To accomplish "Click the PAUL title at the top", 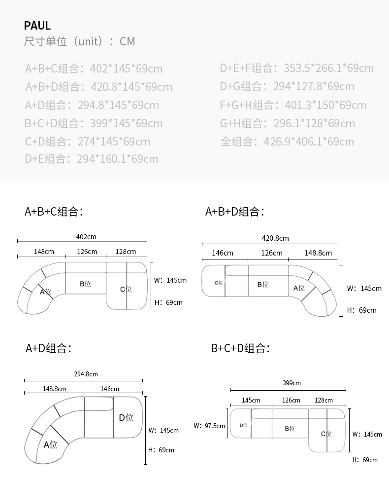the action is point(37,26).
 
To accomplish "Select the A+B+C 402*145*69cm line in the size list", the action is point(94,69).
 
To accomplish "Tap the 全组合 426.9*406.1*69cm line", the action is point(287,142).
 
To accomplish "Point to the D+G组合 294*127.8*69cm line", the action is point(287,86).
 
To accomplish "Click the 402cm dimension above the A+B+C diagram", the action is point(86,237).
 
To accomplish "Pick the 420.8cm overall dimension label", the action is point(275,238).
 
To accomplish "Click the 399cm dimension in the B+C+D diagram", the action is point(292,383).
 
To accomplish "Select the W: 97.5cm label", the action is point(209,426).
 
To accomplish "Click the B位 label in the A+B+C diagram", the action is point(85,284).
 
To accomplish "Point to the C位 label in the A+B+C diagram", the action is point(126,290).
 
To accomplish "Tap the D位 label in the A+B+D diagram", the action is point(219,283).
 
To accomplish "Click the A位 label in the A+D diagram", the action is point(51,444).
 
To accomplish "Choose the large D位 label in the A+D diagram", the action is point(126,418).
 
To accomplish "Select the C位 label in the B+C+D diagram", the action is point(326,434).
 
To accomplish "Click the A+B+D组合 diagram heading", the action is point(235,212).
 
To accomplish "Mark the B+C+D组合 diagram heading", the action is point(240,348).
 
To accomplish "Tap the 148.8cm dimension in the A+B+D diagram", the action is point(318,253).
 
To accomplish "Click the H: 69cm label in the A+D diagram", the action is point(161,450).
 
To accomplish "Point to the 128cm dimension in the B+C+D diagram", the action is point(324,400).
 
